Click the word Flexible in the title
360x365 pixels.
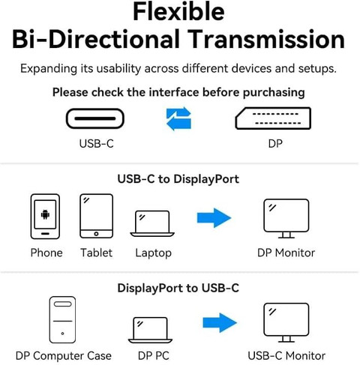pyautogui.click(x=178, y=12)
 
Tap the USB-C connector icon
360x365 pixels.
pyautogui.click(x=95, y=118)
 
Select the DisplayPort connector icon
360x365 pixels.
pyautogui.click(x=273, y=118)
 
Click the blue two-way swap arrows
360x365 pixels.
pyautogui.click(x=178, y=118)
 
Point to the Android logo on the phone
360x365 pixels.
pyautogui.click(x=45, y=214)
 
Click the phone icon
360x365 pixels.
pyautogui.click(x=45, y=217)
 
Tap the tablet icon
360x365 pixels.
pyautogui.click(x=96, y=216)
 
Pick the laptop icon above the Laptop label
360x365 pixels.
pyautogui.click(x=152, y=224)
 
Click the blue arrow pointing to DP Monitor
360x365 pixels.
pyautogui.click(x=214, y=218)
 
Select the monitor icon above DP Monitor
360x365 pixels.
pyautogui.click(x=286, y=218)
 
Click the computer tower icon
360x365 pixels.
pyautogui.click(x=62, y=319)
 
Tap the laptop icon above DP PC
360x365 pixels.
pyautogui.click(x=150, y=330)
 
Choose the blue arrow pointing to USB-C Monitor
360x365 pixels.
pyautogui.click(x=220, y=322)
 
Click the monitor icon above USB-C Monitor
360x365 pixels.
pyautogui.click(x=286, y=322)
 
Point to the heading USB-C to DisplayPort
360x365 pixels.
pyautogui.click(x=178, y=179)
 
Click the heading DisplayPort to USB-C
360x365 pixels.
pyautogui.click(x=178, y=288)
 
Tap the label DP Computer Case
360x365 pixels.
pyautogui.click(x=64, y=356)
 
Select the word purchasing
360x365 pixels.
pyautogui.click(x=274, y=93)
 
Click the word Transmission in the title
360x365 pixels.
pyautogui.click(x=266, y=39)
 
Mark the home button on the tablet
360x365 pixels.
pyautogui.click(x=96, y=234)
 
